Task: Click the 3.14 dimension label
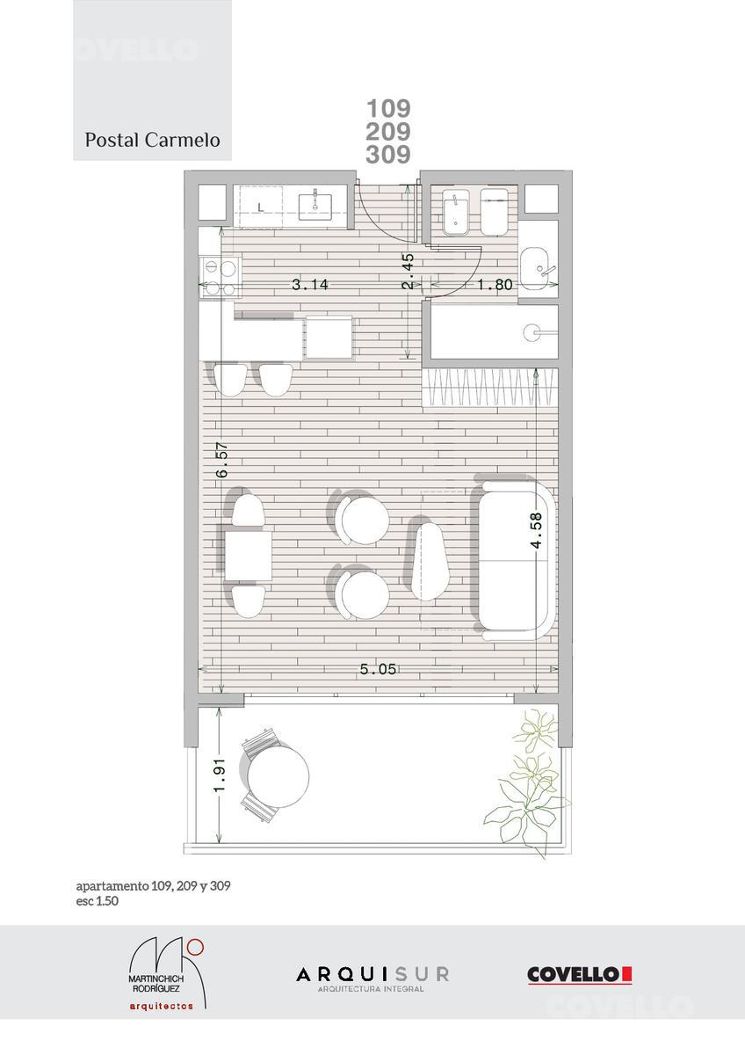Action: tap(310, 285)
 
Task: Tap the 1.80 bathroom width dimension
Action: tap(495, 285)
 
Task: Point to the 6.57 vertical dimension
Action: tap(222, 460)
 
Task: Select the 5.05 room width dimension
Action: tap(378, 669)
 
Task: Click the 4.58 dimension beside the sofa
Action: tap(536, 530)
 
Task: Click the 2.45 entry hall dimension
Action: tap(408, 271)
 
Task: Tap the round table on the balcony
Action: tap(278, 775)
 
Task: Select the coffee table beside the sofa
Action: tap(429, 562)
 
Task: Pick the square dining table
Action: tap(248, 556)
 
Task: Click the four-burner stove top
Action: tap(220, 278)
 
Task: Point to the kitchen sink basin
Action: tap(315, 207)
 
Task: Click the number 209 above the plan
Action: tap(388, 131)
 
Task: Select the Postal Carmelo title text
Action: tap(153, 140)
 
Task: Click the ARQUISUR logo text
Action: tap(372, 974)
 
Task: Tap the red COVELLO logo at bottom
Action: tap(579, 975)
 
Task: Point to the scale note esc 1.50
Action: tap(98, 901)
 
